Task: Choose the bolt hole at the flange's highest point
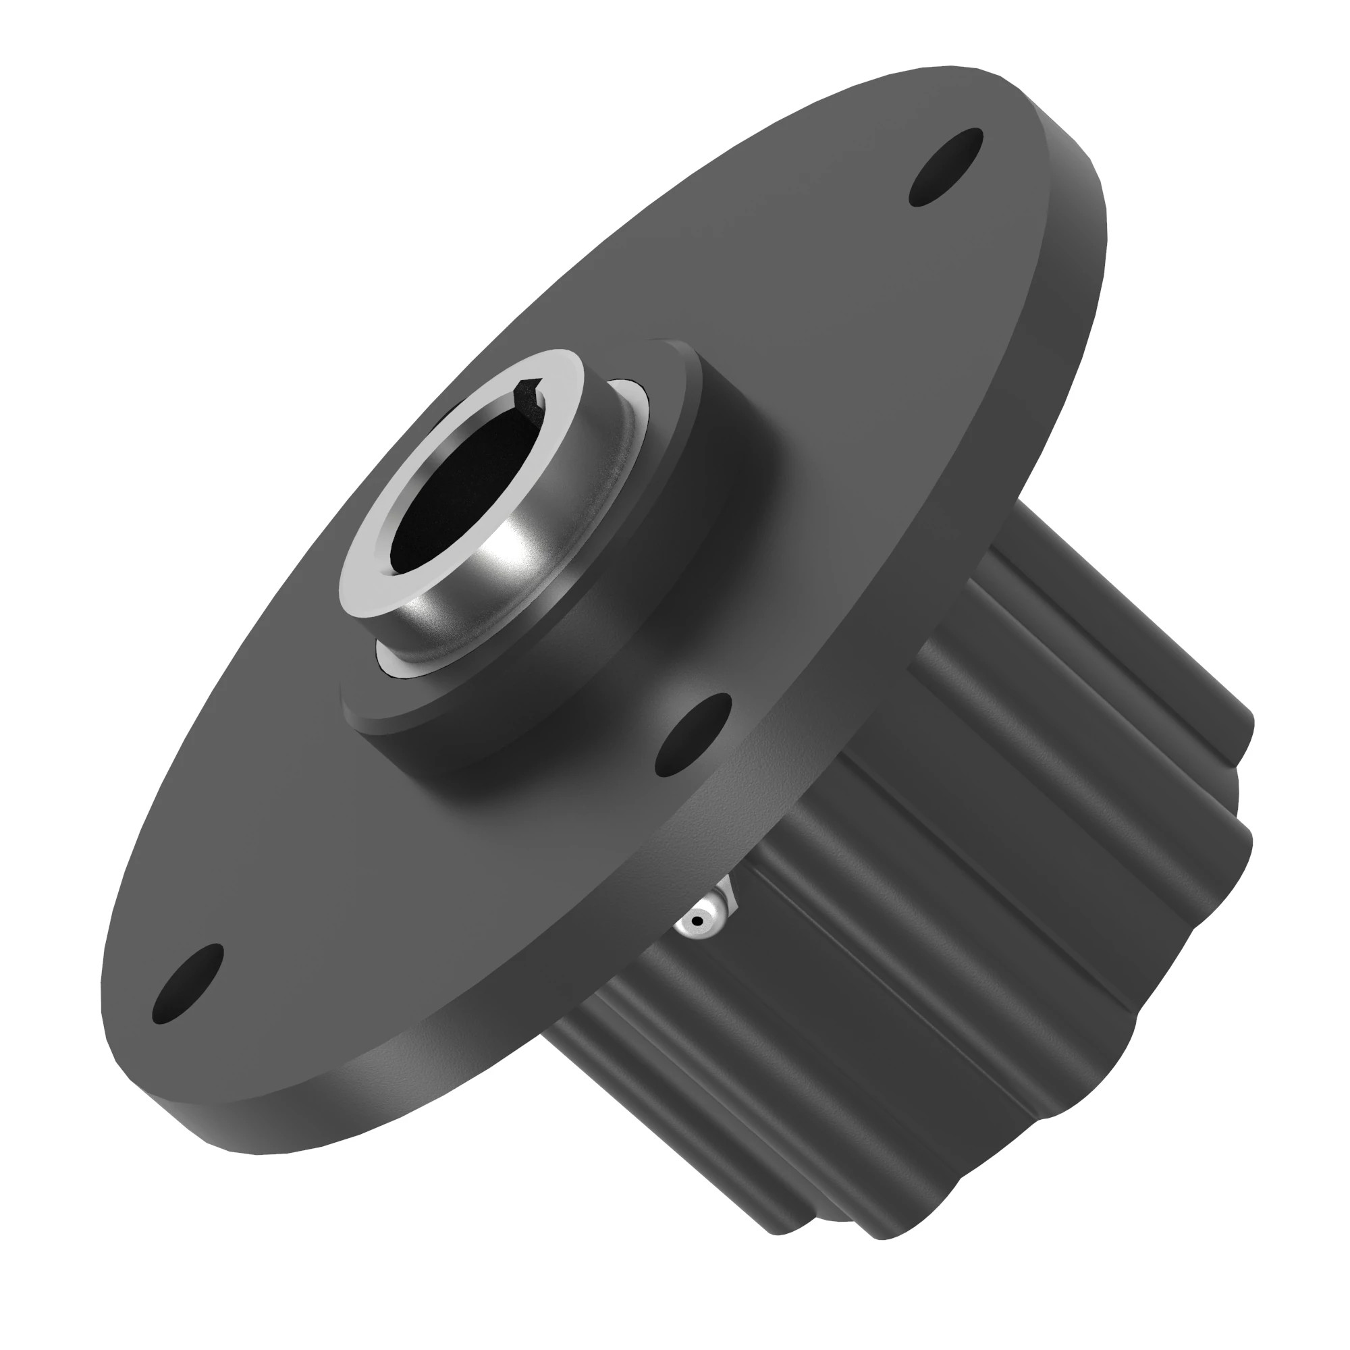(x=946, y=167)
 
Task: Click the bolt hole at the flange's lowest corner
(x=187, y=983)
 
